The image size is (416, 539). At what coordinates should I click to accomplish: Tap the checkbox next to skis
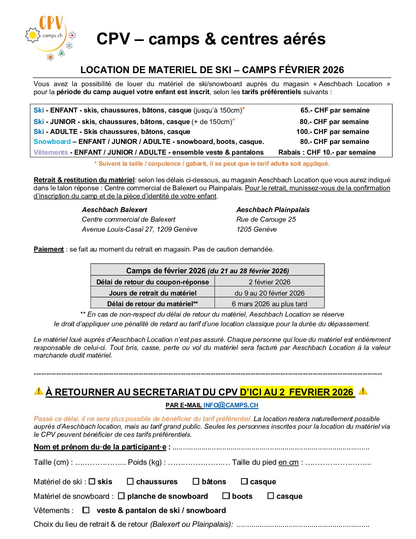pyautogui.click(x=92, y=481)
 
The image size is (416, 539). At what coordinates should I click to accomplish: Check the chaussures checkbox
pyautogui.click(x=130, y=481)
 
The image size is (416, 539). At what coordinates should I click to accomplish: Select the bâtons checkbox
pyautogui.click(x=196, y=481)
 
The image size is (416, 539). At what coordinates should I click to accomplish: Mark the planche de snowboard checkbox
pyautogui.click(x=121, y=496)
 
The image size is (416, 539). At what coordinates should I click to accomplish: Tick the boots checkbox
pyautogui.click(x=226, y=496)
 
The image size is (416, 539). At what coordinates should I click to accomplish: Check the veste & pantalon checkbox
pyautogui.click(x=86, y=510)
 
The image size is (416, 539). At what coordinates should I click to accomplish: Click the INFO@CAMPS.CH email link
pyautogui.click(x=231, y=405)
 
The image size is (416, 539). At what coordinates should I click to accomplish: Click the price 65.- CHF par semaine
pyautogui.click(x=335, y=110)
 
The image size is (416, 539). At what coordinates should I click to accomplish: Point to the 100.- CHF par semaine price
pyautogui.click(x=333, y=132)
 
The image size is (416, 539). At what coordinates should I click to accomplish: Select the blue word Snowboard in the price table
pyautogui.click(x=52, y=142)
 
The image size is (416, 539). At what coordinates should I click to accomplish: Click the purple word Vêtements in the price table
pyautogui.click(x=50, y=152)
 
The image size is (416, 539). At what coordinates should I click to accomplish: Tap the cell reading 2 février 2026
pyautogui.click(x=270, y=282)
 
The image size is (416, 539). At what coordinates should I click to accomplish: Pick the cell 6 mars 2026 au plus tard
pyautogui.click(x=270, y=304)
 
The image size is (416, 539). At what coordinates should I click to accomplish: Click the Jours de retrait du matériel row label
pyautogui.click(x=153, y=293)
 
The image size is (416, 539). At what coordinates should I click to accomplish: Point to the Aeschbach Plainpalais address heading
pyautogui.click(x=273, y=210)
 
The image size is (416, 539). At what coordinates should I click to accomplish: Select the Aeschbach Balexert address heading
pyautogui.click(x=114, y=210)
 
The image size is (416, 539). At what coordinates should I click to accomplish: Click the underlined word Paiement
pyautogui.click(x=49, y=249)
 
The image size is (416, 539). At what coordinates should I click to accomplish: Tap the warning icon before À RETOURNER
pyautogui.click(x=39, y=391)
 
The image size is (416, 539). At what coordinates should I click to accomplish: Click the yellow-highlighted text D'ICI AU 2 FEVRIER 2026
pyautogui.click(x=296, y=392)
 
